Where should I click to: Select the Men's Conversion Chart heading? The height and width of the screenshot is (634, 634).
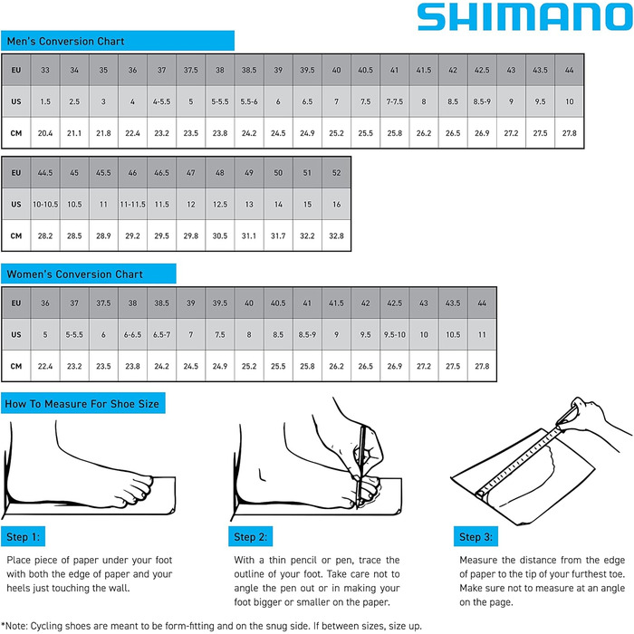[65, 41]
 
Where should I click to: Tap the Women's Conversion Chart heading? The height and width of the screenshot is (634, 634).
[74, 274]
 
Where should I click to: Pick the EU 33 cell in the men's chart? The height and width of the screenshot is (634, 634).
[45, 70]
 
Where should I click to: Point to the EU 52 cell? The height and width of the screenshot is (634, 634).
[337, 172]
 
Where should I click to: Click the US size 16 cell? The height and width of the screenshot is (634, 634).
[337, 204]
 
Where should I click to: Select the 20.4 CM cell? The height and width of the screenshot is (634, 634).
[45, 133]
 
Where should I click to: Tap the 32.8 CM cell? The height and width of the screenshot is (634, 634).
[337, 235]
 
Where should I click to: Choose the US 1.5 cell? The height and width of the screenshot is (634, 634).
[45, 101]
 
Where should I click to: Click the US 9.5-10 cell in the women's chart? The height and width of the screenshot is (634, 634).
[394, 334]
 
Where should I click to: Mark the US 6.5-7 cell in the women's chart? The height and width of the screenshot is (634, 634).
[160, 334]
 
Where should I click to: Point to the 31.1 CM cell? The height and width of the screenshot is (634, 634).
[249, 235]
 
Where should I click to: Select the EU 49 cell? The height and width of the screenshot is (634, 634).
[249, 172]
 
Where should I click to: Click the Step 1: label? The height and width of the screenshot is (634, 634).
[23, 538]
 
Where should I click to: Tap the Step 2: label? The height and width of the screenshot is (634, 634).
[250, 538]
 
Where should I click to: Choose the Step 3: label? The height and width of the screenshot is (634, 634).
[475, 538]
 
